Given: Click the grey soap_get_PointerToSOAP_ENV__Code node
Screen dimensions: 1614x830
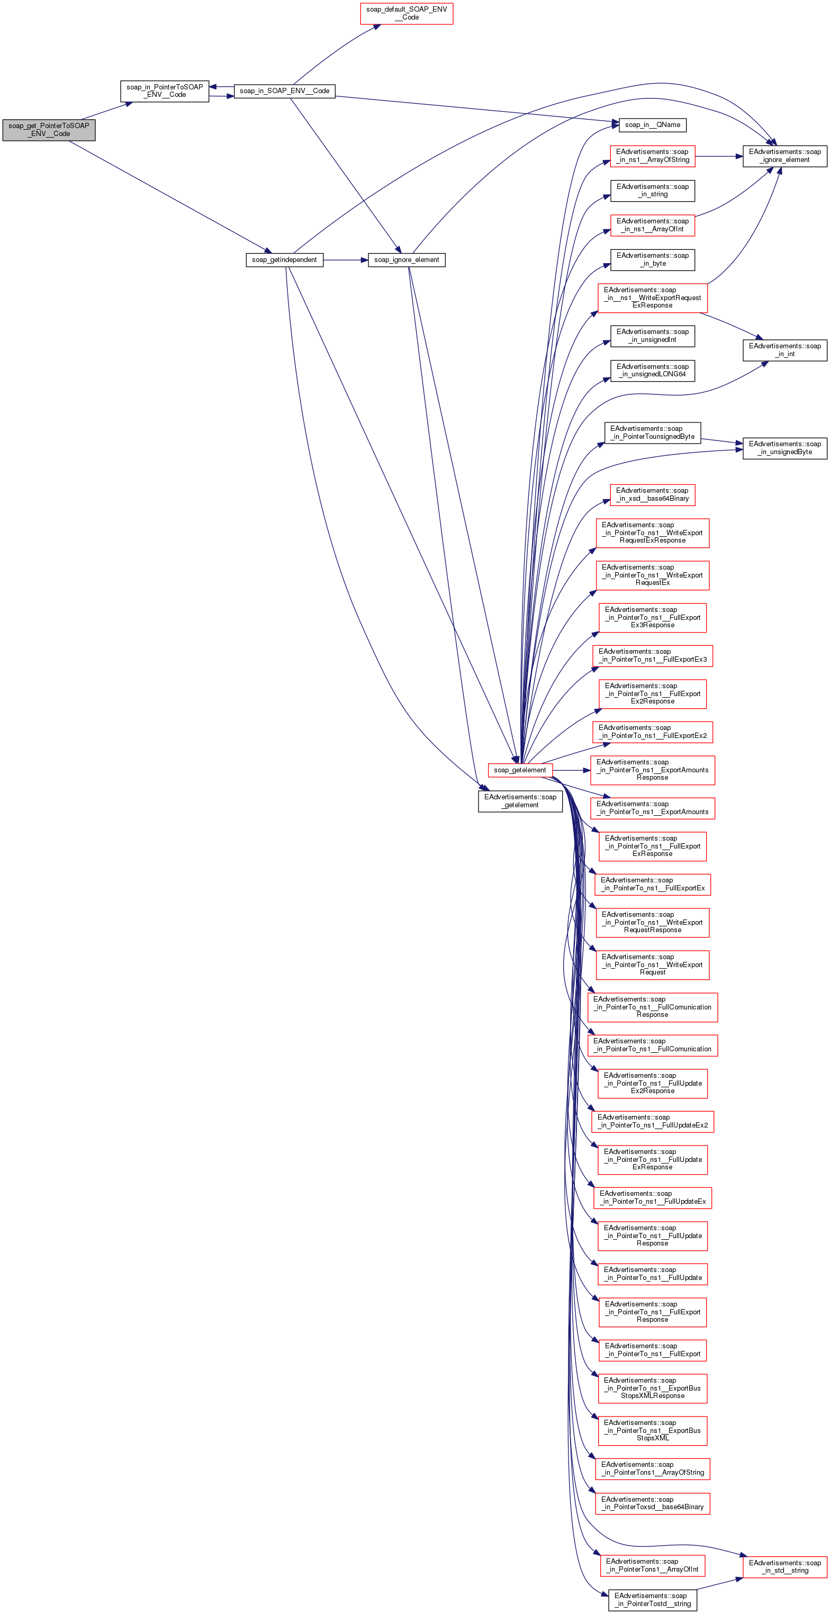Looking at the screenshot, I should (49, 130).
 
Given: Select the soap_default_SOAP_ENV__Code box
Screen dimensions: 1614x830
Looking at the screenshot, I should (406, 13).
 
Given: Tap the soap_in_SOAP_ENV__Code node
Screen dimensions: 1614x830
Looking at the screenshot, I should (284, 91).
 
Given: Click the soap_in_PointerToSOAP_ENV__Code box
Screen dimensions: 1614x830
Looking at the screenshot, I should (164, 91).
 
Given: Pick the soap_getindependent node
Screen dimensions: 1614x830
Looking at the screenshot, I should (284, 260).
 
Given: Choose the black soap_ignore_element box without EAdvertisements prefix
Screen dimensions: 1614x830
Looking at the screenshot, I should (407, 260).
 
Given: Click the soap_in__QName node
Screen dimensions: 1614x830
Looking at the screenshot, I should (652, 125).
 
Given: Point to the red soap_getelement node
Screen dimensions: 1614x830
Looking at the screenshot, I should (519, 770).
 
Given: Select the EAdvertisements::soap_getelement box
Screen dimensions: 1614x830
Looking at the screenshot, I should (520, 801).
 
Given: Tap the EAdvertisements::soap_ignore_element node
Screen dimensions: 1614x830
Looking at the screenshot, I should (784, 156).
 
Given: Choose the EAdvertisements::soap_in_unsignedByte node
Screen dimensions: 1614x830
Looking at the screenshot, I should (784, 448).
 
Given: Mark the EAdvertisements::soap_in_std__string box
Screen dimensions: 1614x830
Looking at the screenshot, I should (784, 1566).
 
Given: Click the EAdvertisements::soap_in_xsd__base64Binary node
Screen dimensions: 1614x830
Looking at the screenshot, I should (652, 495).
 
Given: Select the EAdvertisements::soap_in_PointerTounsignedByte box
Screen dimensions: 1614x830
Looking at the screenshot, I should (652, 433).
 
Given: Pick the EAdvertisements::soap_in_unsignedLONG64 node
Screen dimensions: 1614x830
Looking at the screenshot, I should (652, 371).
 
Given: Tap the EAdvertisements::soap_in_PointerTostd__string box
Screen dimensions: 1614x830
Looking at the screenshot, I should (652, 1600).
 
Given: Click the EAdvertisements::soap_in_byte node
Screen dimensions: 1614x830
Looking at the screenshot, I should (652, 260).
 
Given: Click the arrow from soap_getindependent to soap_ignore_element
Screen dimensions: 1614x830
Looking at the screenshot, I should (345, 260).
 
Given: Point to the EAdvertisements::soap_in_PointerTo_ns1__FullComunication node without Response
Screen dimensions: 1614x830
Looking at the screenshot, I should (652, 1045).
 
